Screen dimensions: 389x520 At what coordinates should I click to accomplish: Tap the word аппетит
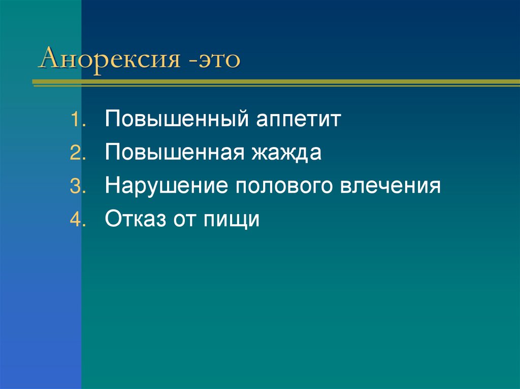pyautogui.click(x=299, y=121)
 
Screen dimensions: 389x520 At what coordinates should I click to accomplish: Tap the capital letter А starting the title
pyautogui.click(x=49, y=59)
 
